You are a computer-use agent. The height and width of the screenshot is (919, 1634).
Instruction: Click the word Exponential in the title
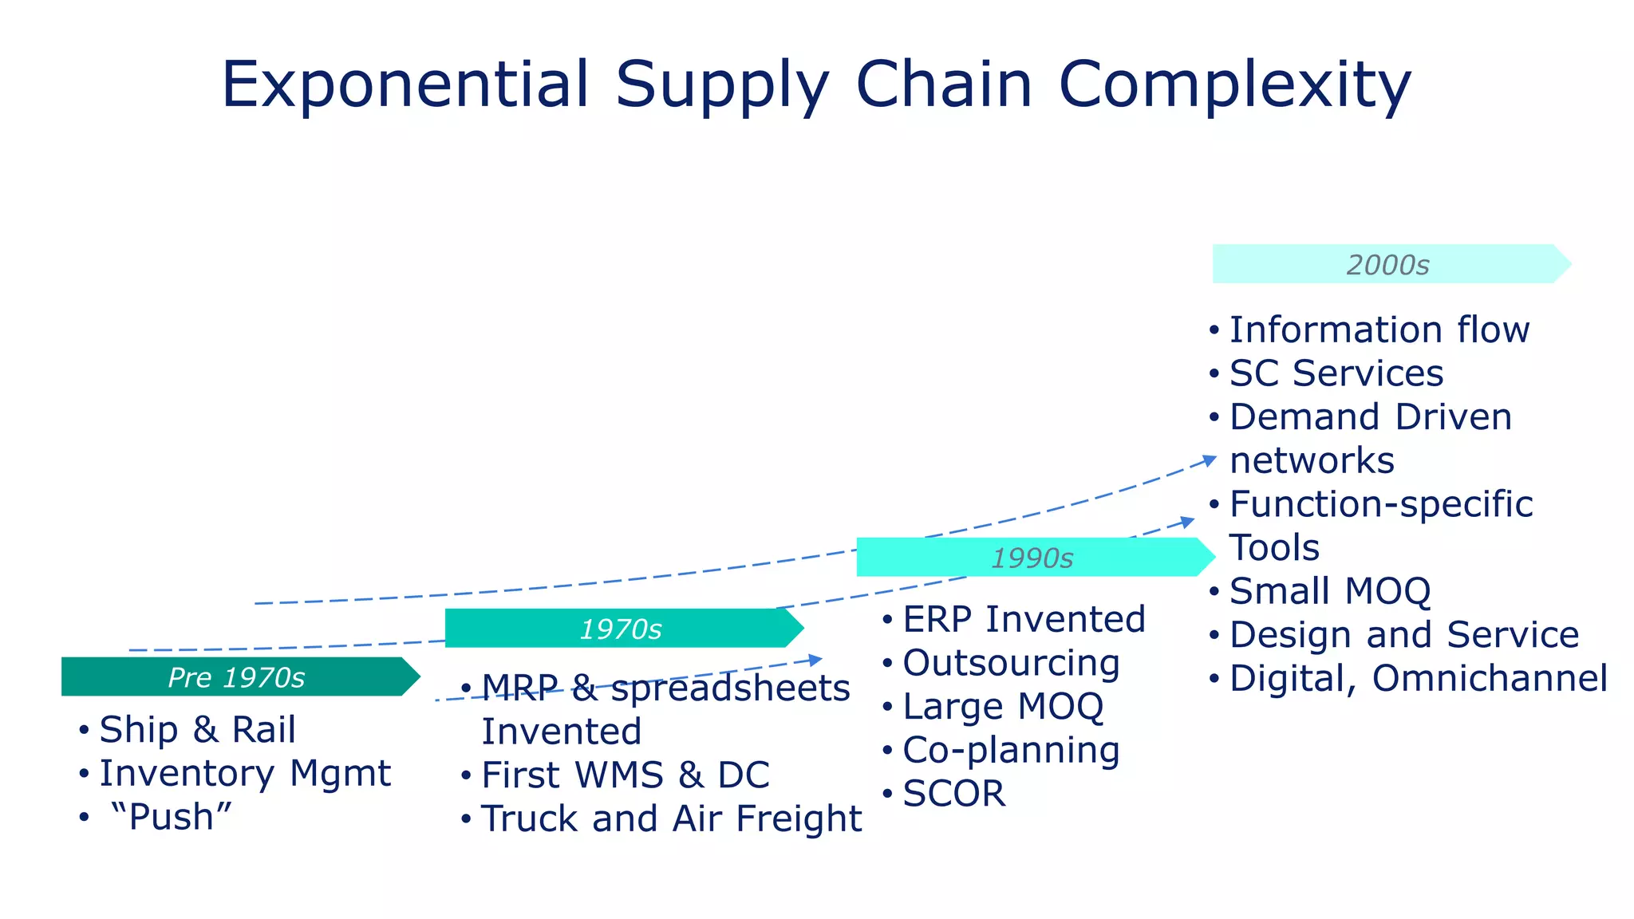click(405, 85)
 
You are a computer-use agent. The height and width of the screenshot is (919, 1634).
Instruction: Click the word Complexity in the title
click(1235, 85)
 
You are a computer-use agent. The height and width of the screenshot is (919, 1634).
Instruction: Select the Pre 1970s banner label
click(236, 677)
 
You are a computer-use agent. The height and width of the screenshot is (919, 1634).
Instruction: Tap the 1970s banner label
click(620, 629)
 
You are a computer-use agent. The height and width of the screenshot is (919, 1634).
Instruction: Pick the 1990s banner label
click(1032, 558)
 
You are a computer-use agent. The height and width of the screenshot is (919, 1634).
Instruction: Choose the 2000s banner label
click(1387, 265)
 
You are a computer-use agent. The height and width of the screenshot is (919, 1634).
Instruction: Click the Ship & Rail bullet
click(197, 730)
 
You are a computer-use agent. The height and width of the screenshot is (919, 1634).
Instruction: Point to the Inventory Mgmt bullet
click(245, 773)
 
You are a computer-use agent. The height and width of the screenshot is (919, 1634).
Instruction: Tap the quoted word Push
click(172, 817)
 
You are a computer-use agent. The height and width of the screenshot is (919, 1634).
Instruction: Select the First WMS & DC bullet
click(625, 775)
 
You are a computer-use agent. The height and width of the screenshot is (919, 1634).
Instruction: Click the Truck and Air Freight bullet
click(671, 818)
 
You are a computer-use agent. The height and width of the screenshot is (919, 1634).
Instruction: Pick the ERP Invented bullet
click(1024, 620)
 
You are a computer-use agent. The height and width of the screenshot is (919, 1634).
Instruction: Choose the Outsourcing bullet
click(1011, 663)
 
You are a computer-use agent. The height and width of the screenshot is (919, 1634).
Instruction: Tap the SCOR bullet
click(953, 794)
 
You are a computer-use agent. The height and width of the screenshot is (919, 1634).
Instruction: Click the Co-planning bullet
click(1011, 750)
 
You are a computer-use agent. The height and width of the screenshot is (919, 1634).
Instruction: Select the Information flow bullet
click(1379, 330)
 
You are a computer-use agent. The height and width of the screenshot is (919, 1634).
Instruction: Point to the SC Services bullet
click(1336, 373)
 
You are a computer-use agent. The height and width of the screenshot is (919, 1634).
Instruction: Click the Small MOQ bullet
click(1330, 591)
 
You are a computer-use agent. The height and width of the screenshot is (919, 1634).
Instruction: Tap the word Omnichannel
click(1489, 679)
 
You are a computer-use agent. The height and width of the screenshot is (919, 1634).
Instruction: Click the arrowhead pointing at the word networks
click(1210, 459)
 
